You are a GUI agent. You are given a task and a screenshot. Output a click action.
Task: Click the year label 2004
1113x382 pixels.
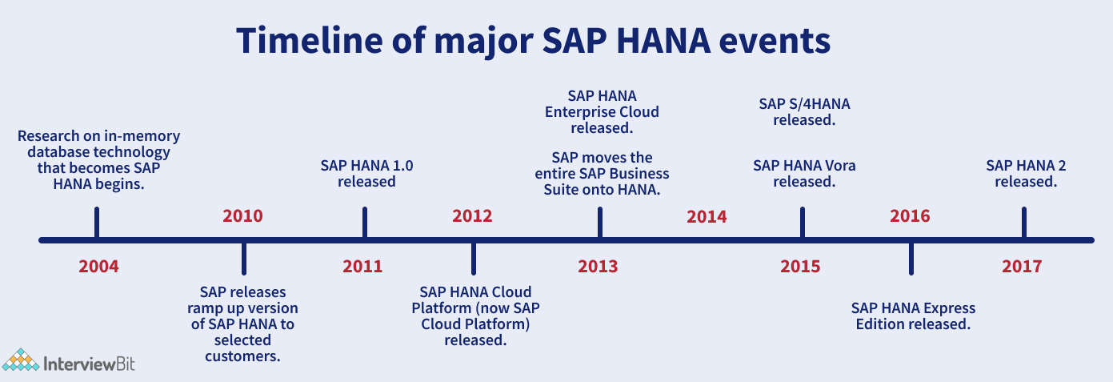pyautogui.click(x=98, y=267)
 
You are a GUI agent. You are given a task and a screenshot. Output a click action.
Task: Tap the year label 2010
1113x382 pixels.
pyautogui.click(x=242, y=216)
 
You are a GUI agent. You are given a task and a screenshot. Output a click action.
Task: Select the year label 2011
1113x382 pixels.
pyautogui.click(x=362, y=267)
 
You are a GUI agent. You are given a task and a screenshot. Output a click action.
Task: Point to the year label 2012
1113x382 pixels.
pyautogui.click(x=472, y=216)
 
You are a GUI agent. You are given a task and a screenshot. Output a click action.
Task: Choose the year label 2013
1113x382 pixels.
pyautogui.click(x=598, y=267)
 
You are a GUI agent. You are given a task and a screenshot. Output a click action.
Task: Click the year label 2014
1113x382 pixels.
pyautogui.click(x=707, y=217)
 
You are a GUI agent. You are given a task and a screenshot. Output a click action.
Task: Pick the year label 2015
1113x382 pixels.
pyautogui.click(x=800, y=267)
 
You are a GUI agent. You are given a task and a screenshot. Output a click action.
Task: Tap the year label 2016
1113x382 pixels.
pyautogui.click(x=910, y=216)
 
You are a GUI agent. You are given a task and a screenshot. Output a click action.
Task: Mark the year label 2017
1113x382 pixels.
pyautogui.click(x=1022, y=267)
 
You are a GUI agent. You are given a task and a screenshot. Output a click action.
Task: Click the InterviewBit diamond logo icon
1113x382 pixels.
pyautogui.click(x=20, y=360)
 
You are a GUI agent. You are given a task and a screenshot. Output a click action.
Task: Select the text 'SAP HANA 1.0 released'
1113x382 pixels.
pyautogui.click(x=366, y=174)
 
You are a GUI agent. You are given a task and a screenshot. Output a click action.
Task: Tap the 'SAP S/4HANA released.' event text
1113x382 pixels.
pyautogui.click(x=804, y=112)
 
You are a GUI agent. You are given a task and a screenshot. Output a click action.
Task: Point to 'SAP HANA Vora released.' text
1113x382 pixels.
pyautogui.click(x=804, y=174)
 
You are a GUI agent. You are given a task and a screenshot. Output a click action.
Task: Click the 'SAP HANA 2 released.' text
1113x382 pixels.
pyautogui.click(x=1026, y=174)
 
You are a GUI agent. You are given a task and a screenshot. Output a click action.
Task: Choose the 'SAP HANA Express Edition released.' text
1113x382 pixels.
pyautogui.click(x=913, y=316)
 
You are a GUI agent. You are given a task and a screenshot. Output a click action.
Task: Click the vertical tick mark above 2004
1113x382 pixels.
pyautogui.click(x=97, y=223)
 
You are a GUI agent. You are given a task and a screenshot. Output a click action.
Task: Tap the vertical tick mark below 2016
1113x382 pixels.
pyautogui.click(x=911, y=259)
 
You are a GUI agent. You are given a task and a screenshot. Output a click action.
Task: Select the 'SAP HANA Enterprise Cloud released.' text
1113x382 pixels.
pyautogui.click(x=602, y=112)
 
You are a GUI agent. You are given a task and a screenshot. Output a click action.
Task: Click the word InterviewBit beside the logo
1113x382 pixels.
pyautogui.click(x=89, y=364)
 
